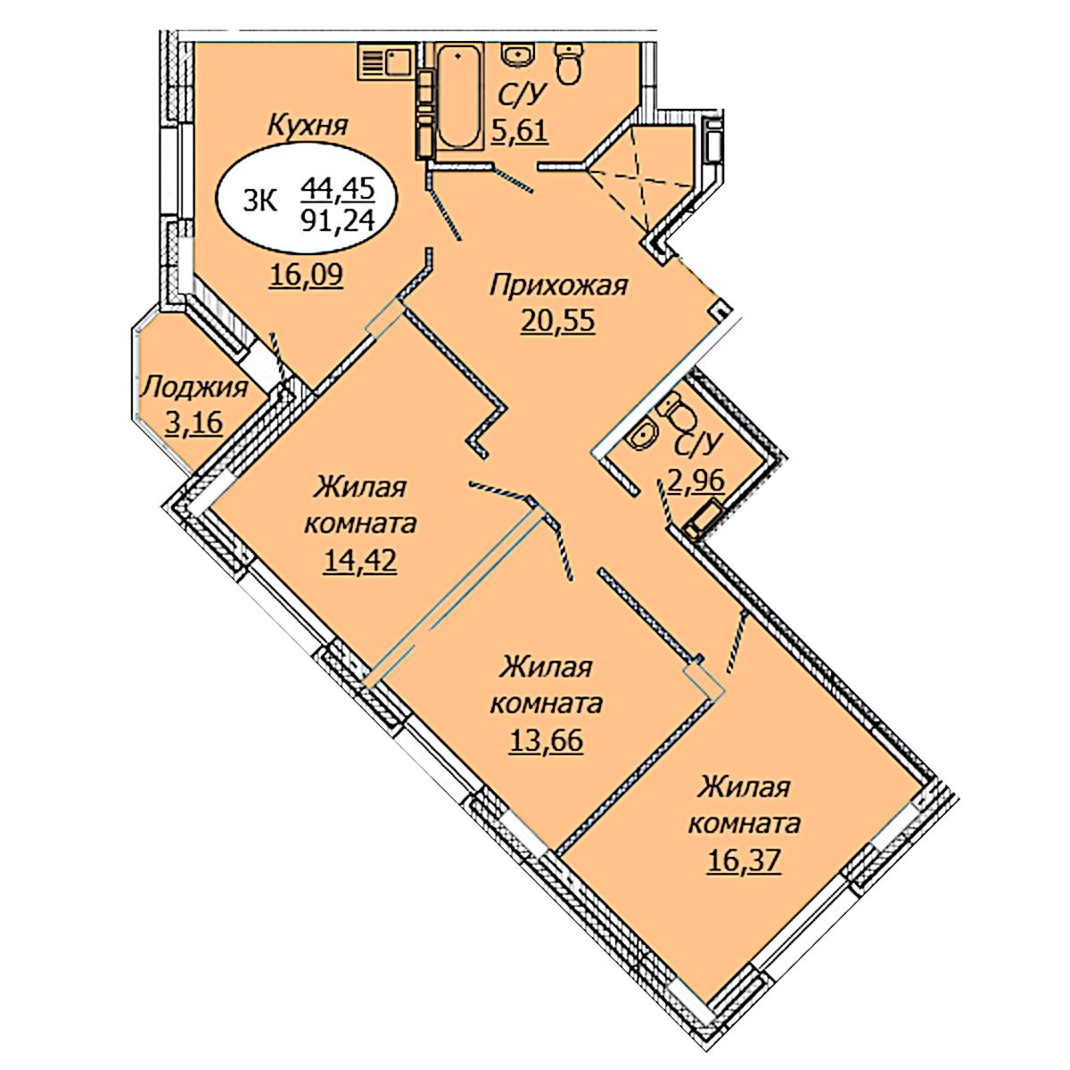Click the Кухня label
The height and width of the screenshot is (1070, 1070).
pos(307,127)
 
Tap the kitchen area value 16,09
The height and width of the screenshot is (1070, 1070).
pos(307,275)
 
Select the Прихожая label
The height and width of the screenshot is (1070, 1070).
pos(558,286)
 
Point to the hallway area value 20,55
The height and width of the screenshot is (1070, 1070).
pos(558,321)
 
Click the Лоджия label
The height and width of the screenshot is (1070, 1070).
pos(193,388)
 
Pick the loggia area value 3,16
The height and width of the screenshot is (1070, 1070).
pos(193,424)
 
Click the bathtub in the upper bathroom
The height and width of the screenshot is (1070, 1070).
pos(457,98)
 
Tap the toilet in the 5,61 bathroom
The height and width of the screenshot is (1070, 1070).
pos(569,65)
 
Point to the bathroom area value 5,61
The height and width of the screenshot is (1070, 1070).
pos(519,132)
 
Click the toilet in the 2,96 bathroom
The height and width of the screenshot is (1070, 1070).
pos(675,410)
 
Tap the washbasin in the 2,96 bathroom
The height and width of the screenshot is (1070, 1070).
pos(642,436)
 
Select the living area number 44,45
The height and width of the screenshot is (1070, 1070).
pos(338,189)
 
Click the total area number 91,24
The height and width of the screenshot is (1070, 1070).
pos(338,221)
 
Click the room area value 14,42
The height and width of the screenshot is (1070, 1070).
pos(360,561)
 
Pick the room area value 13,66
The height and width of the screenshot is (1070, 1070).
pos(547,740)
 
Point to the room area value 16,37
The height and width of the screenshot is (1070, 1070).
pos(744,861)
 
